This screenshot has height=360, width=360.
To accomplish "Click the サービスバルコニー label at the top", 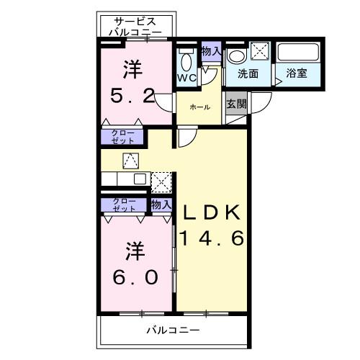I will (x=135, y=27).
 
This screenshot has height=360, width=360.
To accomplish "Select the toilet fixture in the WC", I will (x=186, y=60).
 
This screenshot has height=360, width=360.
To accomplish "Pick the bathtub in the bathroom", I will (x=299, y=53).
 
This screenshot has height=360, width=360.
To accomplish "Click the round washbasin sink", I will (x=235, y=55).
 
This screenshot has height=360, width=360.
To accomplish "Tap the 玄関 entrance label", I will (x=235, y=104).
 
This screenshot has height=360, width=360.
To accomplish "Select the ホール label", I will (x=199, y=107).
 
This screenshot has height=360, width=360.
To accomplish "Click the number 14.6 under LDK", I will (x=214, y=238).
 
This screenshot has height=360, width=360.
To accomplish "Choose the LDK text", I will (x=214, y=212).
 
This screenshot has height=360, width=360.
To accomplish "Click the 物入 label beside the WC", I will (x=211, y=51).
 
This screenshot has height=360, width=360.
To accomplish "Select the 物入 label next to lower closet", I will (x=161, y=204).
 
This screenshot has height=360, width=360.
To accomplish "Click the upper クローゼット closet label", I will (x=122, y=136).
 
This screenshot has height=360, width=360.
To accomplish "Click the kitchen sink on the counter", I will (x=139, y=178).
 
